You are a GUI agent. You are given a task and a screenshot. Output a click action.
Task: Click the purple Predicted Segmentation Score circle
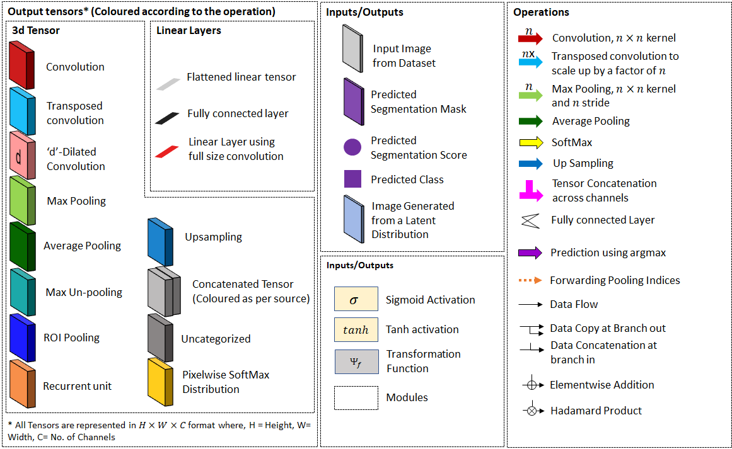[x=352, y=147]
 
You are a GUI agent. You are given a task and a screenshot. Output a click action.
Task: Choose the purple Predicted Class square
[x=352, y=179]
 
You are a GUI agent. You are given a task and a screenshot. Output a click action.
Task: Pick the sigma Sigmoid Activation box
[x=356, y=300]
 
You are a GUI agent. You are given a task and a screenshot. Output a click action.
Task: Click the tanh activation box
[x=356, y=329]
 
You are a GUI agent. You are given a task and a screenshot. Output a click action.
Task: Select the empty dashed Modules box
[x=356, y=397]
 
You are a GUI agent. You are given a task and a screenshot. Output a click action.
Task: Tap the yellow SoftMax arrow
[x=530, y=142]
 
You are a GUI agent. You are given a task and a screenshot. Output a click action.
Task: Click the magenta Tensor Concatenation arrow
[x=530, y=190]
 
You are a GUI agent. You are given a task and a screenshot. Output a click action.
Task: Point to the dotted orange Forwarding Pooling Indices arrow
[x=530, y=280]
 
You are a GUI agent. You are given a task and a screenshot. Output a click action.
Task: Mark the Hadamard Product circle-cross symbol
[x=532, y=411]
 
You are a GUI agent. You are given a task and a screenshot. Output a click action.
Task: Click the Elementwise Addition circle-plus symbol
[x=532, y=384]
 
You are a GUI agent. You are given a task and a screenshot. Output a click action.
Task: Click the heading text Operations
[x=541, y=12]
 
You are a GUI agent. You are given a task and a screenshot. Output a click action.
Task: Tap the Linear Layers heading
[x=189, y=30]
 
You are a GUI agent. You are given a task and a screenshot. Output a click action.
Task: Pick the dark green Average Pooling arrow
[x=530, y=121]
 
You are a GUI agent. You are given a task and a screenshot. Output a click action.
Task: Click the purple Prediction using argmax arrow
[x=530, y=253]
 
